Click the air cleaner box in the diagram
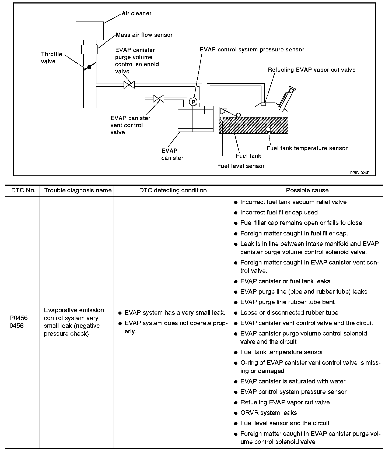point(90,31)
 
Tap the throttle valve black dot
point(89,67)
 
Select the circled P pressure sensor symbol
point(193,102)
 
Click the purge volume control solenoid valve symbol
point(129,85)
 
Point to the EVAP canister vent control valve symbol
point(158,98)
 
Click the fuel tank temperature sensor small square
point(268,130)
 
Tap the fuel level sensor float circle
point(238,115)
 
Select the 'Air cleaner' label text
point(136,13)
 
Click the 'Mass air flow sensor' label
point(144,35)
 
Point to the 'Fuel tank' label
point(248,156)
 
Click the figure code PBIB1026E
point(360,173)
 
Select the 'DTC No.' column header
point(23,190)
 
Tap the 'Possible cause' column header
point(307,190)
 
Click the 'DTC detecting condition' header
point(173,190)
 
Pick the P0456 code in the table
point(19,318)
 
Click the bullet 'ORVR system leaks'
point(268,413)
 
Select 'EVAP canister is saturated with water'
point(293,381)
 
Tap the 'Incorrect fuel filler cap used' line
point(279,213)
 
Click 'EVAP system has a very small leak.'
point(174,313)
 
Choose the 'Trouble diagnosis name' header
point(78,190)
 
